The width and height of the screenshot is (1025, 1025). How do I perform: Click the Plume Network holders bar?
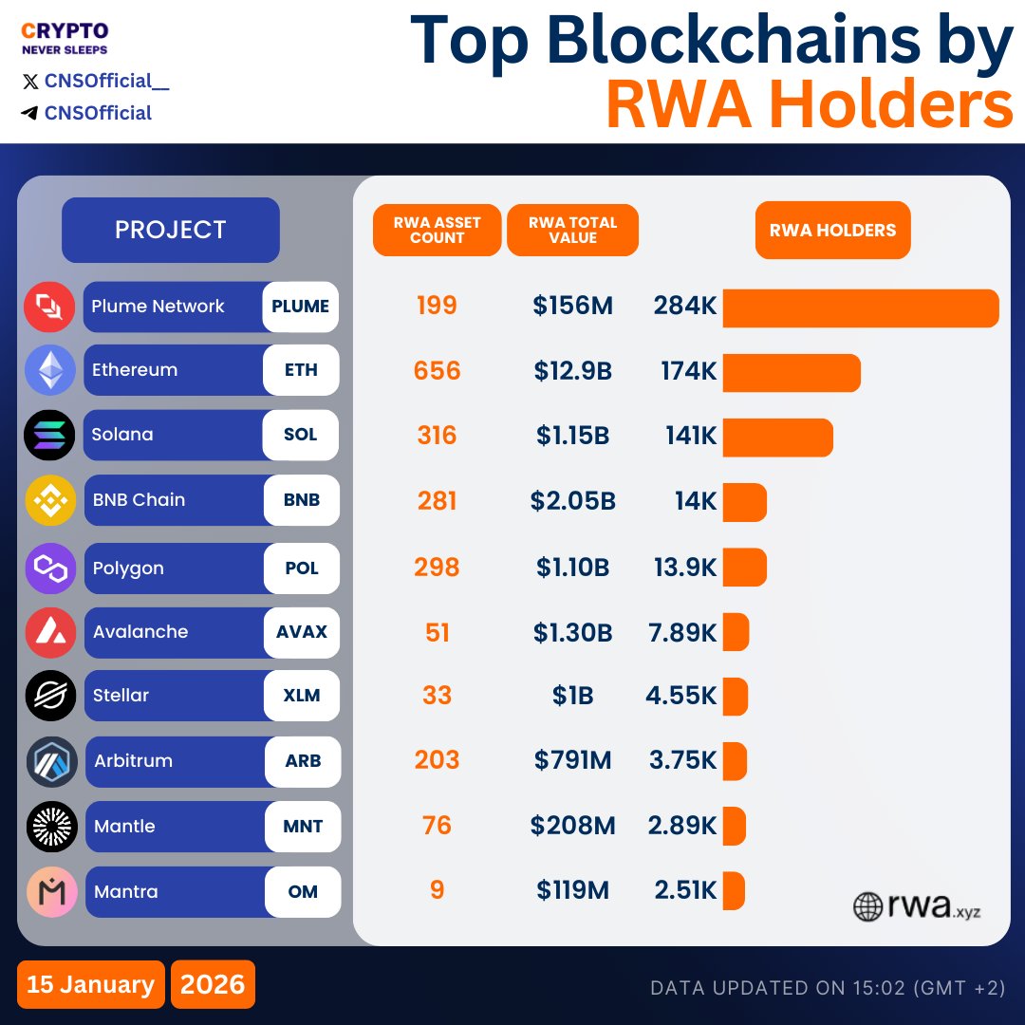[861, 308]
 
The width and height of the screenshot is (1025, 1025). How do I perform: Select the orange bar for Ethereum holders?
[792, 373]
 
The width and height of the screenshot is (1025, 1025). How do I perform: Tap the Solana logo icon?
[49, 436]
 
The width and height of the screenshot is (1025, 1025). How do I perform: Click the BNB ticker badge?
[301, 500]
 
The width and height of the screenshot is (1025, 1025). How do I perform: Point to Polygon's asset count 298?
[437, 568]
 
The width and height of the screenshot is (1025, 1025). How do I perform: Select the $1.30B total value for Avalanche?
[572, 632]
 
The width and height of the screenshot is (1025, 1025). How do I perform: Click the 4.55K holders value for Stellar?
[680, 696]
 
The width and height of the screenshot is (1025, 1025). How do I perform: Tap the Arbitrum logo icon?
[51, 761]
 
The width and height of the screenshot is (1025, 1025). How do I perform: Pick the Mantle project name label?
[124, 827]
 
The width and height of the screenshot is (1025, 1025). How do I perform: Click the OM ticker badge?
[303, 892]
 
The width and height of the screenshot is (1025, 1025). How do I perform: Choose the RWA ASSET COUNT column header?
[437, 230]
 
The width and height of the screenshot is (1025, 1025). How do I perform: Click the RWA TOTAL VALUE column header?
[572, 230]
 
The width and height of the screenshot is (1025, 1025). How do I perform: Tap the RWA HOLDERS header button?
[832, 230]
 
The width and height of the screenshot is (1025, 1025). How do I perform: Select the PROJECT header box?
[171, 230]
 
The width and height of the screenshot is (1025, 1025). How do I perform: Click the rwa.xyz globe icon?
[867, 906]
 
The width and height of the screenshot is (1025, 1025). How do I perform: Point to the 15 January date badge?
[90, 984]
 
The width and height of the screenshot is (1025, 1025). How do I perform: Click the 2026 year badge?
[213, 984]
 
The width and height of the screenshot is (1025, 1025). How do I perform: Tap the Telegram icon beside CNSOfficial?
[29, 113]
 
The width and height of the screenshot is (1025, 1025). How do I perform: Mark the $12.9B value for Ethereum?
[572, 371]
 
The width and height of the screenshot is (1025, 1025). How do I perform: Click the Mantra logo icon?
[51, 892]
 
